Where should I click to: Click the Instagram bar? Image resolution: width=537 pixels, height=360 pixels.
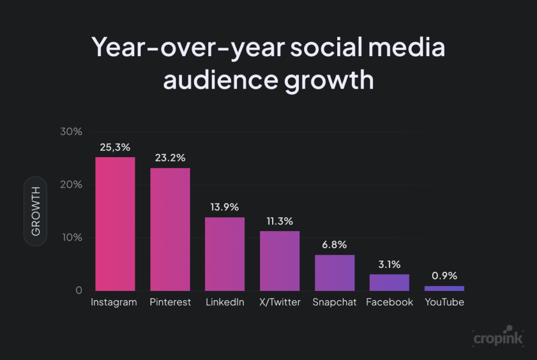tap(115, 224)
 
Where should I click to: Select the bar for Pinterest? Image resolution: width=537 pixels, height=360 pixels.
tap(170, 229)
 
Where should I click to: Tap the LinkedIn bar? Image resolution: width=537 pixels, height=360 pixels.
tap(224, 254)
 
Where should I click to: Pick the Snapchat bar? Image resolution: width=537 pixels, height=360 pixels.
tap(335, 272)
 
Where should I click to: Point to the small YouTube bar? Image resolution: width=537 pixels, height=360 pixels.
tap(444, 288)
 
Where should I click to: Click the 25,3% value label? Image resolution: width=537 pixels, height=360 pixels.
tap(115, 148)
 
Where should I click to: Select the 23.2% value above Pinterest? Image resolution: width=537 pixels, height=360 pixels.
tap(170, 158)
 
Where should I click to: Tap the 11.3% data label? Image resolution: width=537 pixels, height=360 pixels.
tap(280, 221)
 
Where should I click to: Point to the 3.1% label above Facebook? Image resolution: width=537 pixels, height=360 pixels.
tap(389, 265)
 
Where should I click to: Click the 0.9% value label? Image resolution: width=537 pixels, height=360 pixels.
tap(444, 276)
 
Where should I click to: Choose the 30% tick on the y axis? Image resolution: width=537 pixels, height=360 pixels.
tap(71, 132)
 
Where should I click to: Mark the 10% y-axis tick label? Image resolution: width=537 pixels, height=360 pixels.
tap(71, 237)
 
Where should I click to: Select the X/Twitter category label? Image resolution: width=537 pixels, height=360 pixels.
tap(280, 302)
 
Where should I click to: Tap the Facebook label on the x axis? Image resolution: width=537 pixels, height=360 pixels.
tap(389, 302)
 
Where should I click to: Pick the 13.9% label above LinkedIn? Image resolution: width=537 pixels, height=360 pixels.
tap(224, 208)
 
